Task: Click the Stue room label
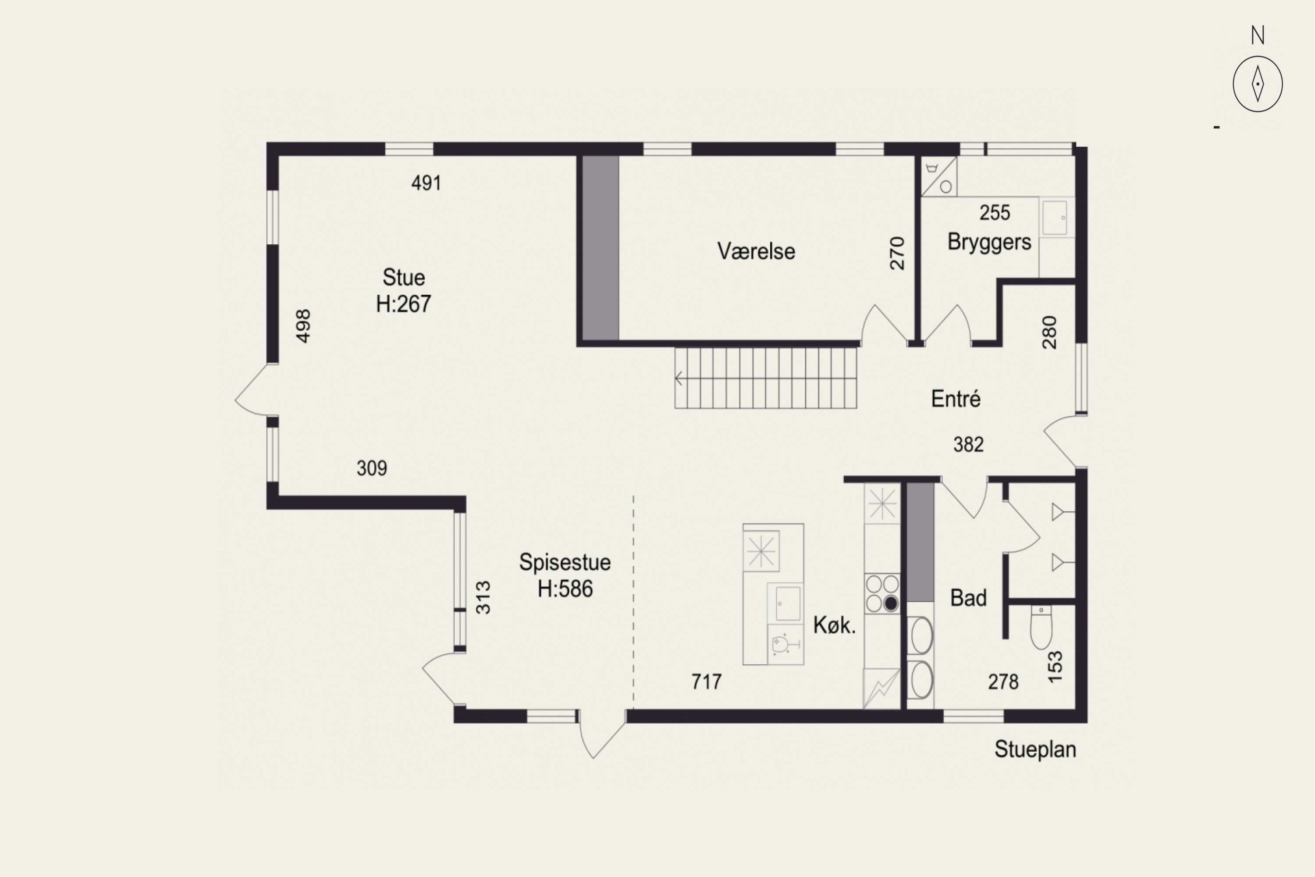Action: [x=404, y=278]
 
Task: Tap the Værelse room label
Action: [x=756, y=251]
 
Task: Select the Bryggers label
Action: [x=989, y=242]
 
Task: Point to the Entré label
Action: [x=956, y=399]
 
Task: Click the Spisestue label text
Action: [x=565, y=562]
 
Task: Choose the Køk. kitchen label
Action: [x=834, y=625]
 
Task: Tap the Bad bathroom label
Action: [x=968, y=598]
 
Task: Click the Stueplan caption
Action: [x=1035, y=749]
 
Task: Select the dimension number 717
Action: [x=707, y=682]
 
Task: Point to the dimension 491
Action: [x=426, y=183]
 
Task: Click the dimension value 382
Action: [x=968, y=445]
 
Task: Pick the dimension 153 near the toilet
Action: [x=1055, y=667]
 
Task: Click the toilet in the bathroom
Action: [x=1041, y=627]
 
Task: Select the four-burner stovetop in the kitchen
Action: [x=882, y=593]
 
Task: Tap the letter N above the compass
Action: [x=1258, y=35]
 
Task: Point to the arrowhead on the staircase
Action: [x=678, y=379]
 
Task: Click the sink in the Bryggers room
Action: [x=1055, y=217]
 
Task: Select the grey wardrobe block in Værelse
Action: [x=601, y=248]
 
